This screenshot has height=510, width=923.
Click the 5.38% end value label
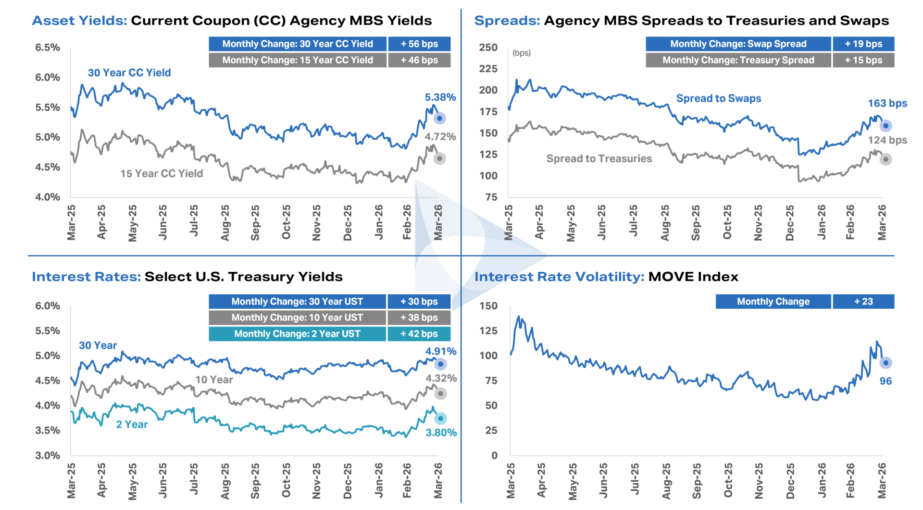click(440, 97)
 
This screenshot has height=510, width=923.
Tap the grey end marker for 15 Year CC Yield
click(439, 158)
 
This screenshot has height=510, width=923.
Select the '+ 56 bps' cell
click(419, 44)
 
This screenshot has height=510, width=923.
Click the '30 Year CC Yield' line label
click(129, 73)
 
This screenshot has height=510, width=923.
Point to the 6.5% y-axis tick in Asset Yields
click(48, 48)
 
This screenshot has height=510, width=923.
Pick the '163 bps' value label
click(887, 104)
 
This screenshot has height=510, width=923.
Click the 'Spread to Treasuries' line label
click(599, 159)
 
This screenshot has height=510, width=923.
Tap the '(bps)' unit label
click(522, 53)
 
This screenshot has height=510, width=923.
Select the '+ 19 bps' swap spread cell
click(863, 44)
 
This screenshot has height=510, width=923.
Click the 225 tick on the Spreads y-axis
click(488, 69)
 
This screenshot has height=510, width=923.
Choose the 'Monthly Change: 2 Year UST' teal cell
click(297, 334)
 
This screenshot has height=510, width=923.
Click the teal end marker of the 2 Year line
click(440, 419)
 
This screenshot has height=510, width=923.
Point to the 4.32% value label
click(441, 378)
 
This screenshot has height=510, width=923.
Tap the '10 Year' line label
click(214, 380)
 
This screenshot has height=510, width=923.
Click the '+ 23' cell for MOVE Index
click(863, 302)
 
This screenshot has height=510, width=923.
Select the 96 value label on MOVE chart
click(886, 381)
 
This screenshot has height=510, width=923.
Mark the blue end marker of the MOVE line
click(886, 363)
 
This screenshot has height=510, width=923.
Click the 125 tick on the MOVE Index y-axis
click(488, 331)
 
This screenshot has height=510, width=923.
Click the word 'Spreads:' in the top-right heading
click(507, 21)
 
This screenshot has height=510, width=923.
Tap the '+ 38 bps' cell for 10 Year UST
click(419, 317)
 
